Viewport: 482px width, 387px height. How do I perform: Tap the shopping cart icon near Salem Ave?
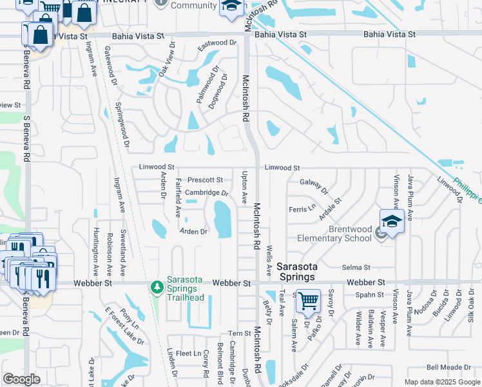pos(309,300)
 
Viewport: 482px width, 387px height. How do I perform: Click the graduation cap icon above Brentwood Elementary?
pos(391,221)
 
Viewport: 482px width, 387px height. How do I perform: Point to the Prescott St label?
pos(205,180)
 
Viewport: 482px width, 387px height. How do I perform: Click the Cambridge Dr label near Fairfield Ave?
pos(207,193)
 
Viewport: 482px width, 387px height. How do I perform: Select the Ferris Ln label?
pos(302,209)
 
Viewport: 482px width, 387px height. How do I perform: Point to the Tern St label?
pos(238,333)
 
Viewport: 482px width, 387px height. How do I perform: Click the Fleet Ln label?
pos(189,353)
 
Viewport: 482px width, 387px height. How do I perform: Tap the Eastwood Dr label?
pos(217,43)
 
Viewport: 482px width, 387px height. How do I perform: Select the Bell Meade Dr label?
pos(445,366)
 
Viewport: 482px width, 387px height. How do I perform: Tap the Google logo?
pos(21,379)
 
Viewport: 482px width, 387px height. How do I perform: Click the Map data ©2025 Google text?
pos(441,382)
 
